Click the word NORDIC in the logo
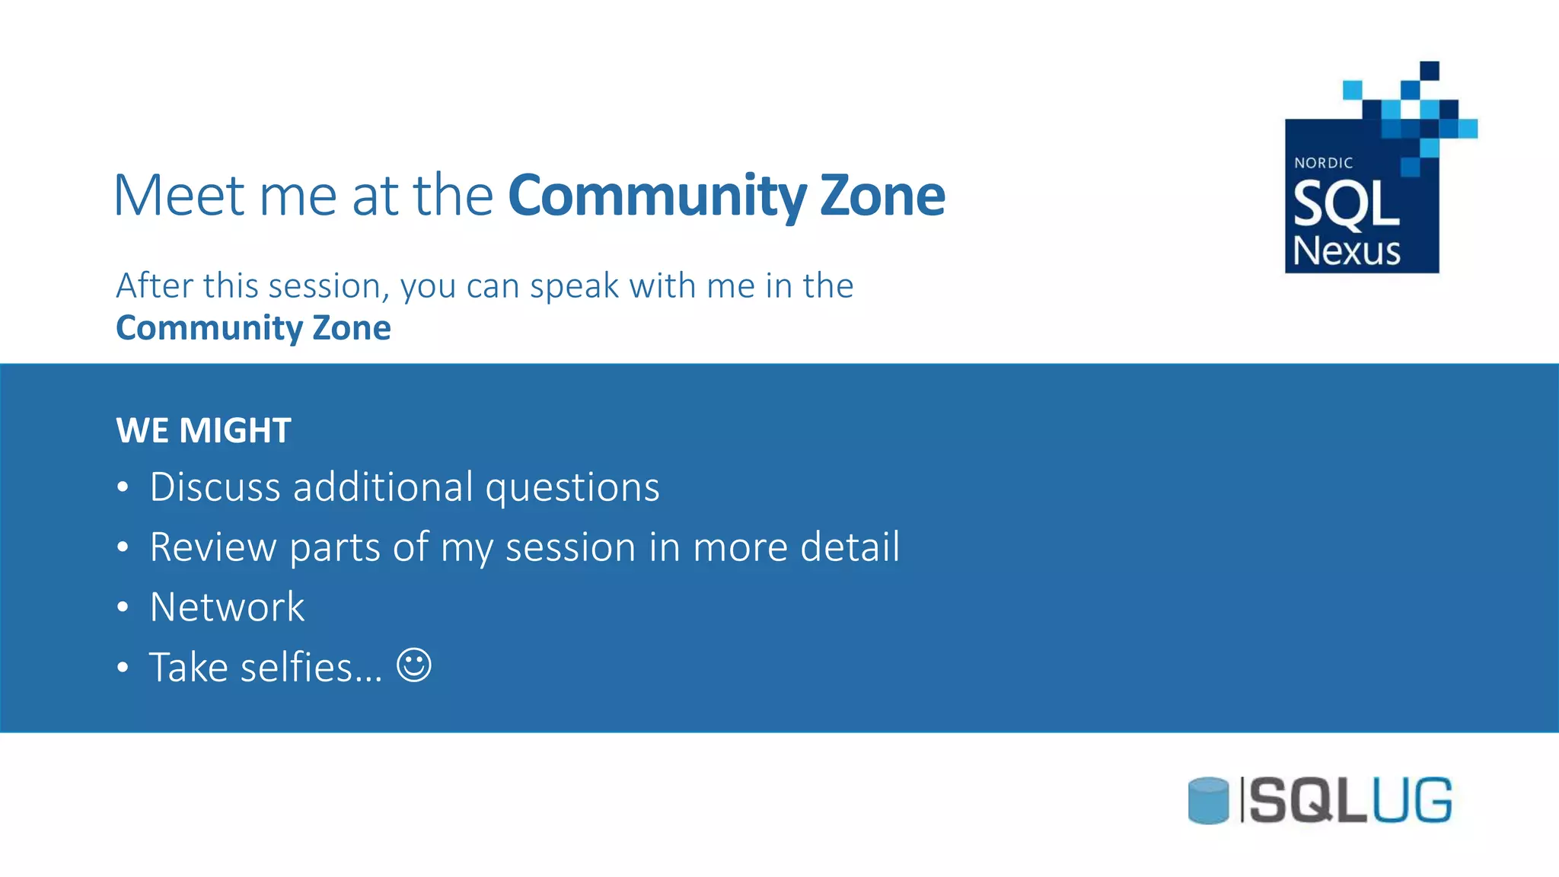click(1323, 163)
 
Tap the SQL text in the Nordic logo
click(1346, 205)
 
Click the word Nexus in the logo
click(1346, 251)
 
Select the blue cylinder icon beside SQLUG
click(1208, 800)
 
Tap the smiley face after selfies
click(414, 665)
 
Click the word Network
click(227, 607)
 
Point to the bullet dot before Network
click(123, 608)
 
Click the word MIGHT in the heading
click(235, 431)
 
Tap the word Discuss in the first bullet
click(215, 487)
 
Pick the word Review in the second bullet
click(213, 547)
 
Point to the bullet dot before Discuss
click(123, 487)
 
